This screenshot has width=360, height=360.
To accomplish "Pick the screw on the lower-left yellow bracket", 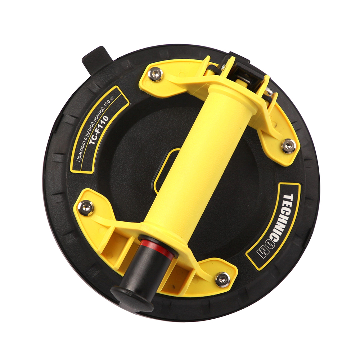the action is (x=86, y=208).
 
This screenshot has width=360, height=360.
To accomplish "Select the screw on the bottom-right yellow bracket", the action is (x=222, y=279).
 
